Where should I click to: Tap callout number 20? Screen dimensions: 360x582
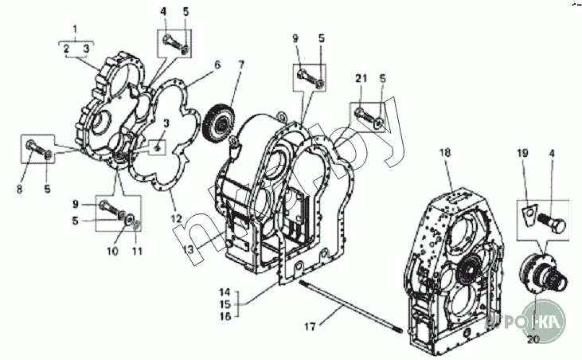click(x=533, y=338)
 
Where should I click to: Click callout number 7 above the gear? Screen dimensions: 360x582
click(x=241, y=64)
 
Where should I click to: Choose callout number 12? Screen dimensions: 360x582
click(x=177, y=217)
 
